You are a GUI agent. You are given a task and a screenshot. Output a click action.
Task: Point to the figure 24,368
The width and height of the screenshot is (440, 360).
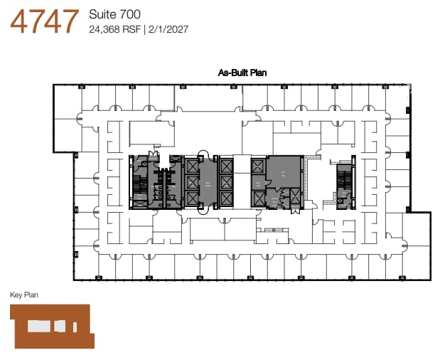104,30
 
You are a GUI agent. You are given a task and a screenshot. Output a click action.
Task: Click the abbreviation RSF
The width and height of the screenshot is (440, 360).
131,30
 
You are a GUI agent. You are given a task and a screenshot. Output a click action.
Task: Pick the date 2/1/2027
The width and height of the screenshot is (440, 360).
167,30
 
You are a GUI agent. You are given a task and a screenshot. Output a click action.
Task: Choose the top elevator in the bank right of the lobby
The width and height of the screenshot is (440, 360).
227,166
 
